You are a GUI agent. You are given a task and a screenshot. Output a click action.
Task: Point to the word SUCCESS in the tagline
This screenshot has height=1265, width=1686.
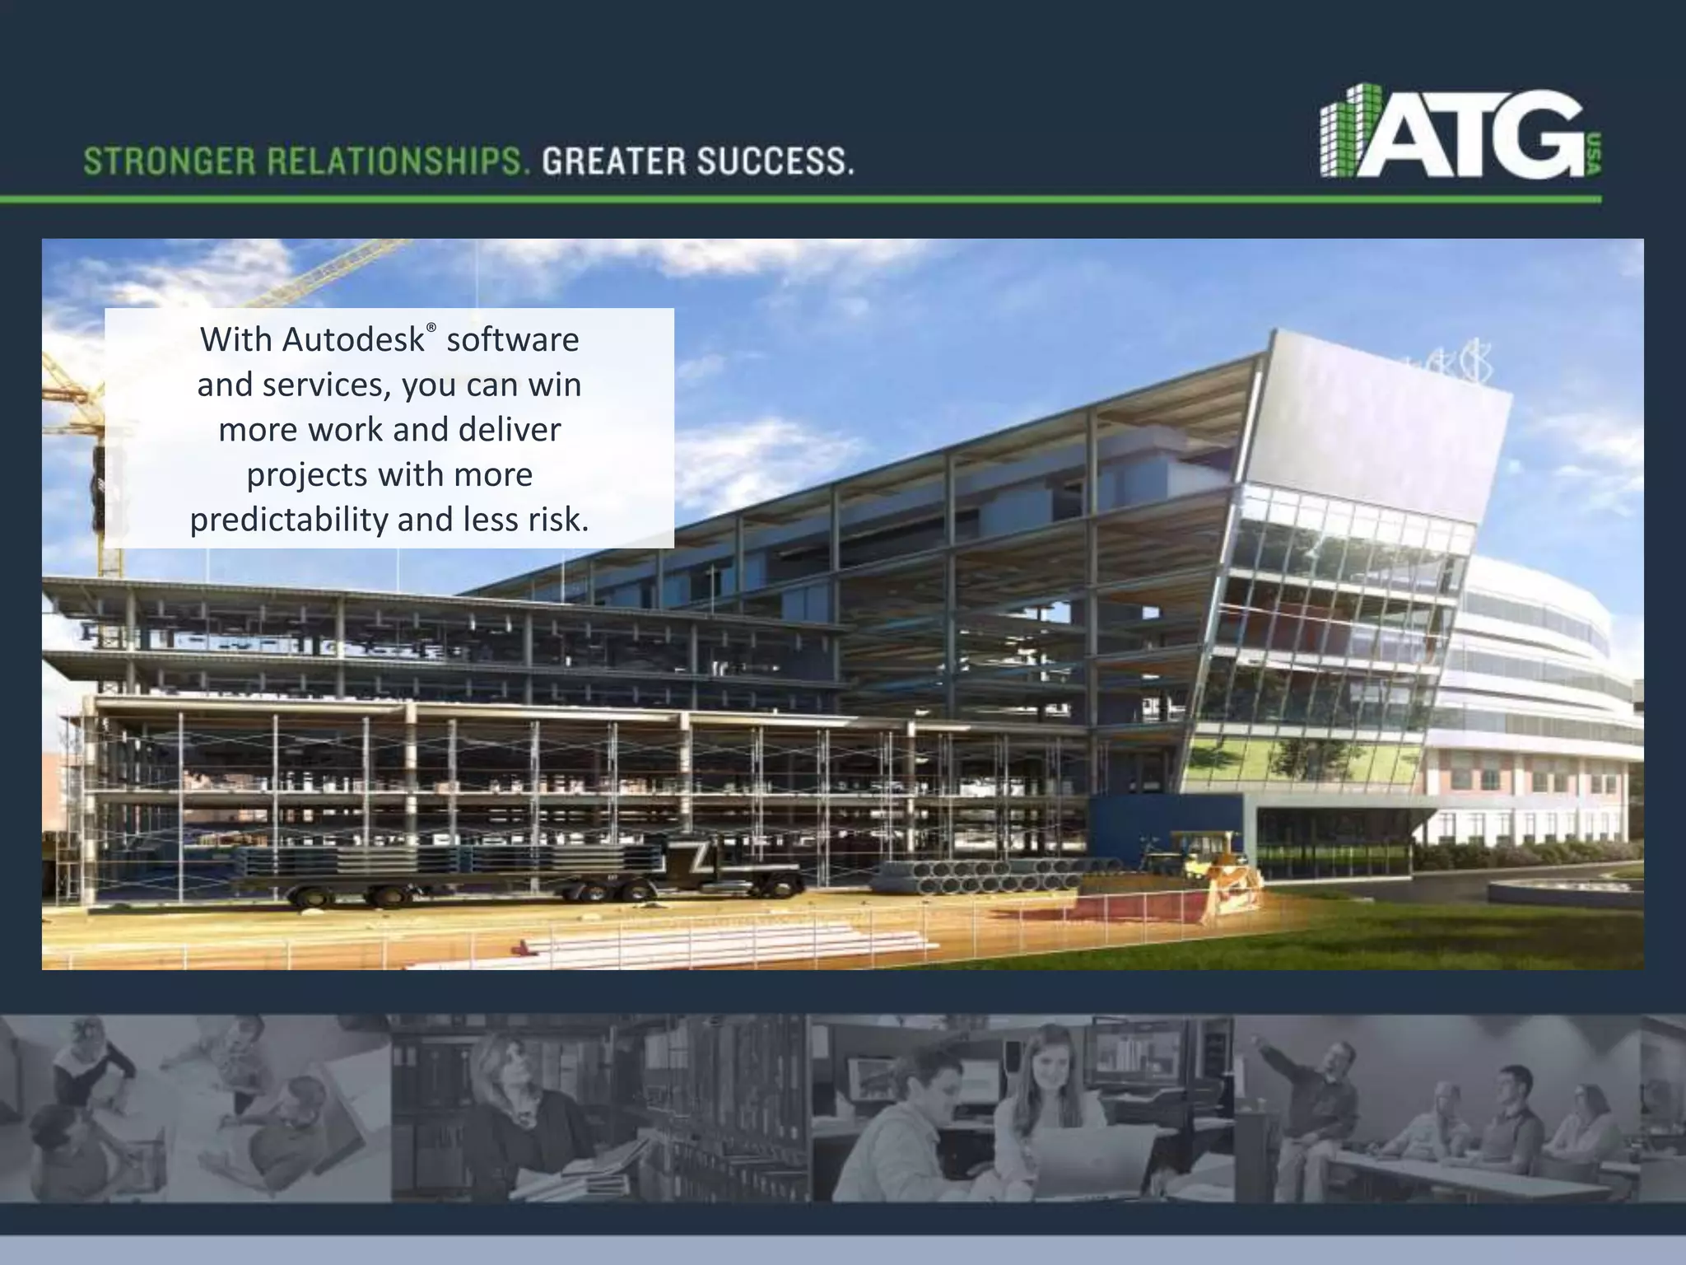775,161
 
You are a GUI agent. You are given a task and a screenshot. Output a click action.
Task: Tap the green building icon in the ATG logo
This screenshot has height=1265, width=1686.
1350,132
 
